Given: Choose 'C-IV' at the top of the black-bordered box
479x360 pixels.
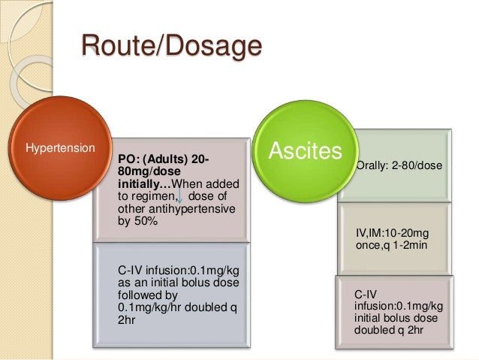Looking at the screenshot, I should [x=366, y=294].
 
